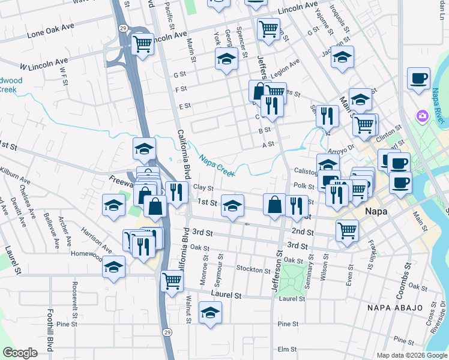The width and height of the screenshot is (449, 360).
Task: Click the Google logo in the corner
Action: pyautogui.click(x=20, y=353)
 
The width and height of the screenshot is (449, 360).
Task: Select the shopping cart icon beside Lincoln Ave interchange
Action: pyautogui.click(x=142, y=44)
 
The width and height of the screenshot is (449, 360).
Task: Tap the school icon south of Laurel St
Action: pyautogui.click(x=210, y=312)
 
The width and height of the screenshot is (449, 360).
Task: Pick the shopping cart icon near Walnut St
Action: pyautogui.click(x=172, y=280)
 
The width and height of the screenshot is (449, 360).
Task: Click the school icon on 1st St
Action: pyautogui.click(x=232, y=206)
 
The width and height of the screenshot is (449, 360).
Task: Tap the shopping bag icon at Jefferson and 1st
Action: pyautogui.click(x=274, y=204)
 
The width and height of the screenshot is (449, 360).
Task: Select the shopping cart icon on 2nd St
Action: pyautogui.click(x=347, y=230)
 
